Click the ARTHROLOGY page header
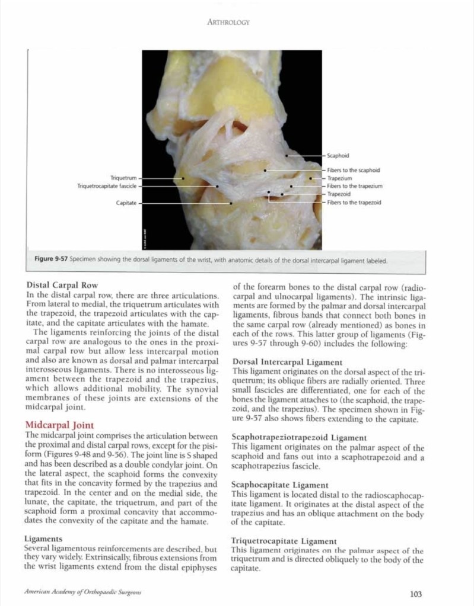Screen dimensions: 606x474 coord(228,23)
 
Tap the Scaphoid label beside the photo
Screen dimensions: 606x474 coord(338,155)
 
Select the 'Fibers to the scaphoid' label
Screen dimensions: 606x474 coord(354,170)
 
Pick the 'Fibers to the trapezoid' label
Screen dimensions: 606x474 coord(354,202)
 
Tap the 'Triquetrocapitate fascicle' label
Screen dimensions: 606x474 coord(107,186)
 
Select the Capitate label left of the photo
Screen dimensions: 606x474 coord(126,203)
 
